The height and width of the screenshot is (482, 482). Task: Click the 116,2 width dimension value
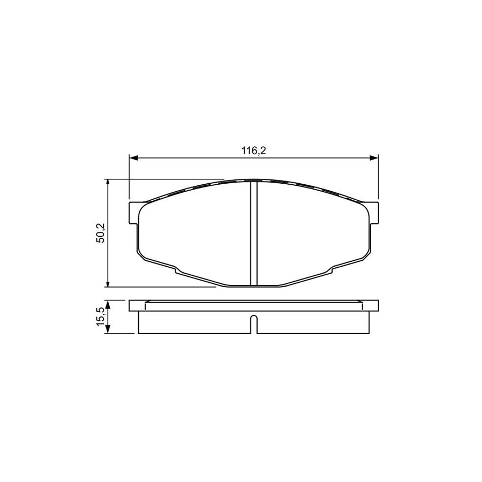coord(254,152)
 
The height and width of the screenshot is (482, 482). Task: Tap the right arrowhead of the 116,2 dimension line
coord(374,158)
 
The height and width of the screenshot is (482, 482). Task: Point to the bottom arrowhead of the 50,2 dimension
coord(109,283)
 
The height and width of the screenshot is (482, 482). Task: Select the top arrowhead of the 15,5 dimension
coord(109,304)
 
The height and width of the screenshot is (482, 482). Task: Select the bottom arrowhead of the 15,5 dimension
coord(109,330)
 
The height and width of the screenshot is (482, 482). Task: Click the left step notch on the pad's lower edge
coord(176,269)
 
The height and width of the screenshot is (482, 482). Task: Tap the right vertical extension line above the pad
coord(379,177)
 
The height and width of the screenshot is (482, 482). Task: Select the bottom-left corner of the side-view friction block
coord(139,334)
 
